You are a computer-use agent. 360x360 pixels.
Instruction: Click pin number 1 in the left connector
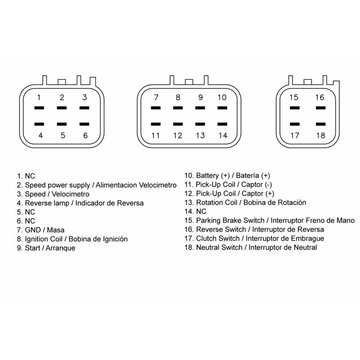click(x=39, y=98)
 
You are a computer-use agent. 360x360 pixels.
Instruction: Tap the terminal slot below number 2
click(x=62, y=108)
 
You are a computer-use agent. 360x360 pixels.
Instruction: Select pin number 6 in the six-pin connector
click(x=85, y=135)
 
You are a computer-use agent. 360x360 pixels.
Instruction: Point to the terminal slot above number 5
click(x=62, y=124)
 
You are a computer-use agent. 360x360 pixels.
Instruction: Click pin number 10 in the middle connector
click(x=222, y=97)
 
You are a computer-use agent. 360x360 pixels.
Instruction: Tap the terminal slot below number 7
click(x=156, y=108)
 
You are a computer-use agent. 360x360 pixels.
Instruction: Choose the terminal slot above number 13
click(x=200, y=124)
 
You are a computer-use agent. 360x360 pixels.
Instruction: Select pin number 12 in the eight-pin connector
click(x=178, y=135)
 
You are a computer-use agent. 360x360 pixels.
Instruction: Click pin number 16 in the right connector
click(x=319, y=97)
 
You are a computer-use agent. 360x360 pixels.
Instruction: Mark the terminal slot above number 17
click(x=295, y=124)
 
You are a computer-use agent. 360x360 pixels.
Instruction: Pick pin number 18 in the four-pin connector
click(x=320, y=135)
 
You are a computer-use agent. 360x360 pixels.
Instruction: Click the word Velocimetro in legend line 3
click(x=71, y=194)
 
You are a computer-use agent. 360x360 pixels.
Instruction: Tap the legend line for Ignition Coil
click(x=72, y=239)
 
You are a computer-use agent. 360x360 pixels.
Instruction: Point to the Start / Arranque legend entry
click(x=46, y=248)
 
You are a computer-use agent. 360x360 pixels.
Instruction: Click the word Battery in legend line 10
click(x=207, y=175)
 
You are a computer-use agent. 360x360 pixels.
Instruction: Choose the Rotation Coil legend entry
click(x=245, y=202)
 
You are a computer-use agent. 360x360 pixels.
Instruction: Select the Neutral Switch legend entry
click(x=251, y=247)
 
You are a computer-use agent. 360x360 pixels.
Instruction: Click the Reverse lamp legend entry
click(x=80, y=203)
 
